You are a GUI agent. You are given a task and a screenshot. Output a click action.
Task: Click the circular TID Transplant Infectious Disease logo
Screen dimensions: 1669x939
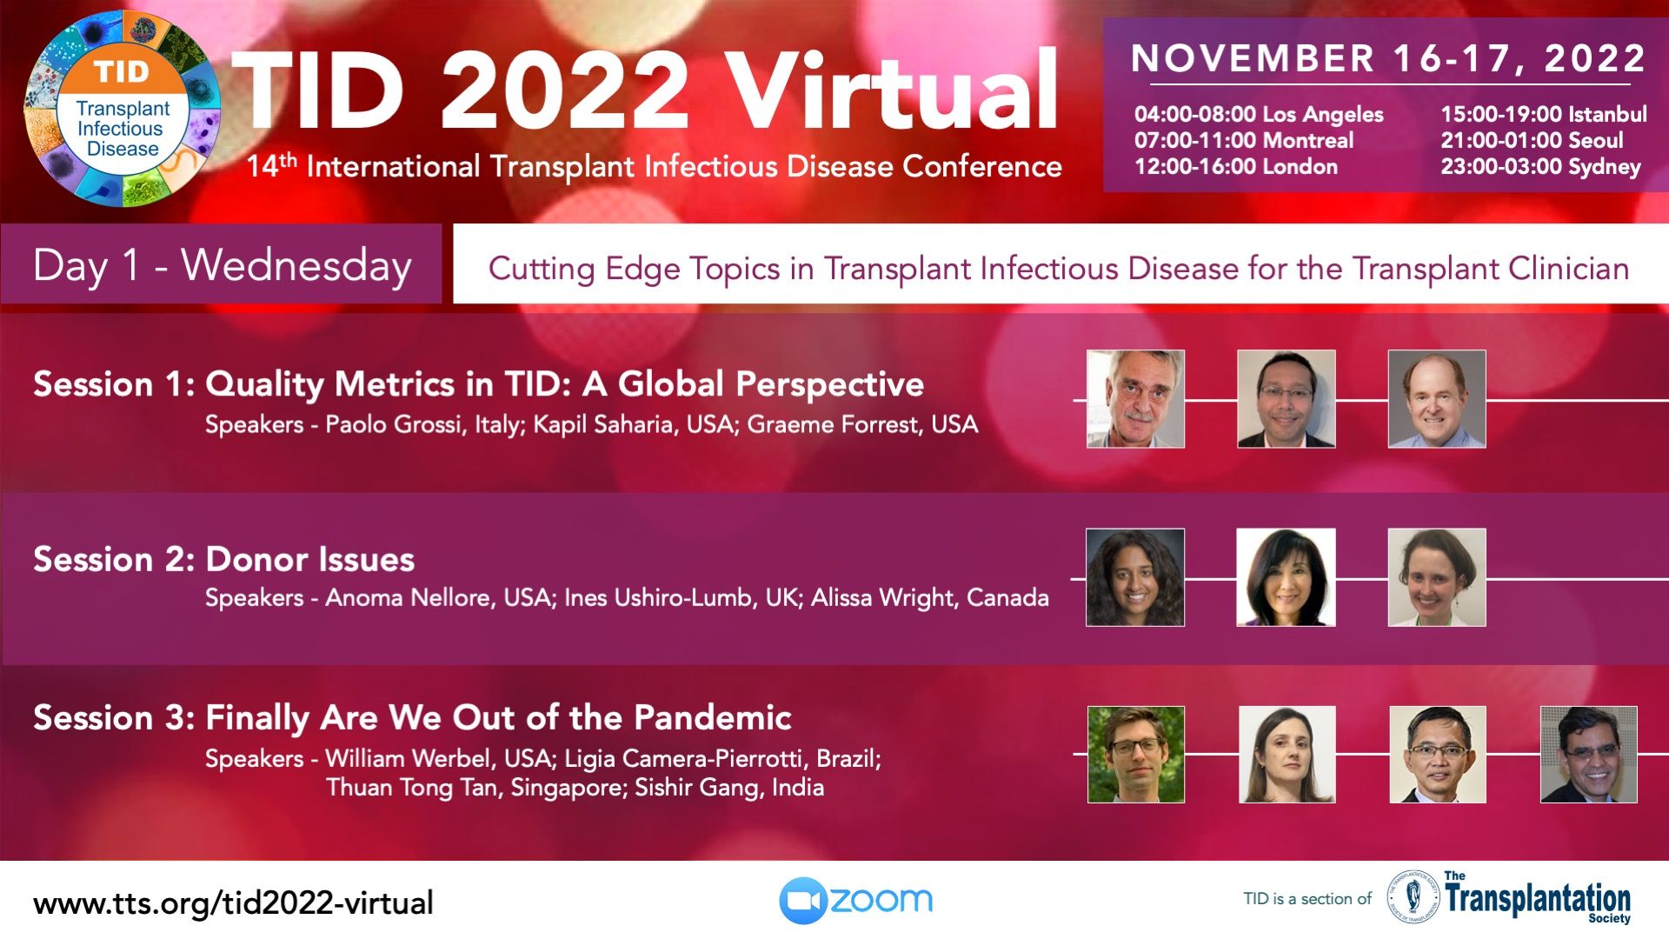click(123, 109)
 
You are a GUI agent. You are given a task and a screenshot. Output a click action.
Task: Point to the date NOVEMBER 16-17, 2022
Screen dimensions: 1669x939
click(1389, 58)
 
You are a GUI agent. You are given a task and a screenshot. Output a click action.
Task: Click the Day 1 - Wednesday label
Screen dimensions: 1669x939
click(223, 265)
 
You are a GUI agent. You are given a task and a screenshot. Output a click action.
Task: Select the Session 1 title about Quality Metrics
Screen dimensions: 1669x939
click(478, 384)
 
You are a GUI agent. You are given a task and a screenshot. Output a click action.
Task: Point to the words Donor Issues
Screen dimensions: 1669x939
click(309, 559)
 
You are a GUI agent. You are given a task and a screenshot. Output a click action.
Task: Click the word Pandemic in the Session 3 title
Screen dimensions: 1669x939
click(712, 717)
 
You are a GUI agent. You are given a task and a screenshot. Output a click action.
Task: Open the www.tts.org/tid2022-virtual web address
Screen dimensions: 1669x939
click(233, 903)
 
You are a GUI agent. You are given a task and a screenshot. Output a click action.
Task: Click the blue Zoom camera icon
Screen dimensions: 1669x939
click(801, 901)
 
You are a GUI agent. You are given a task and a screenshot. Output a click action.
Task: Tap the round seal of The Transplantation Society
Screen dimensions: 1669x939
click(1413, 898)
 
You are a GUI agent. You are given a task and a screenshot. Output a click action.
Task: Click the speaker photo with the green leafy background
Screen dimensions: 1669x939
click(1135, 754)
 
